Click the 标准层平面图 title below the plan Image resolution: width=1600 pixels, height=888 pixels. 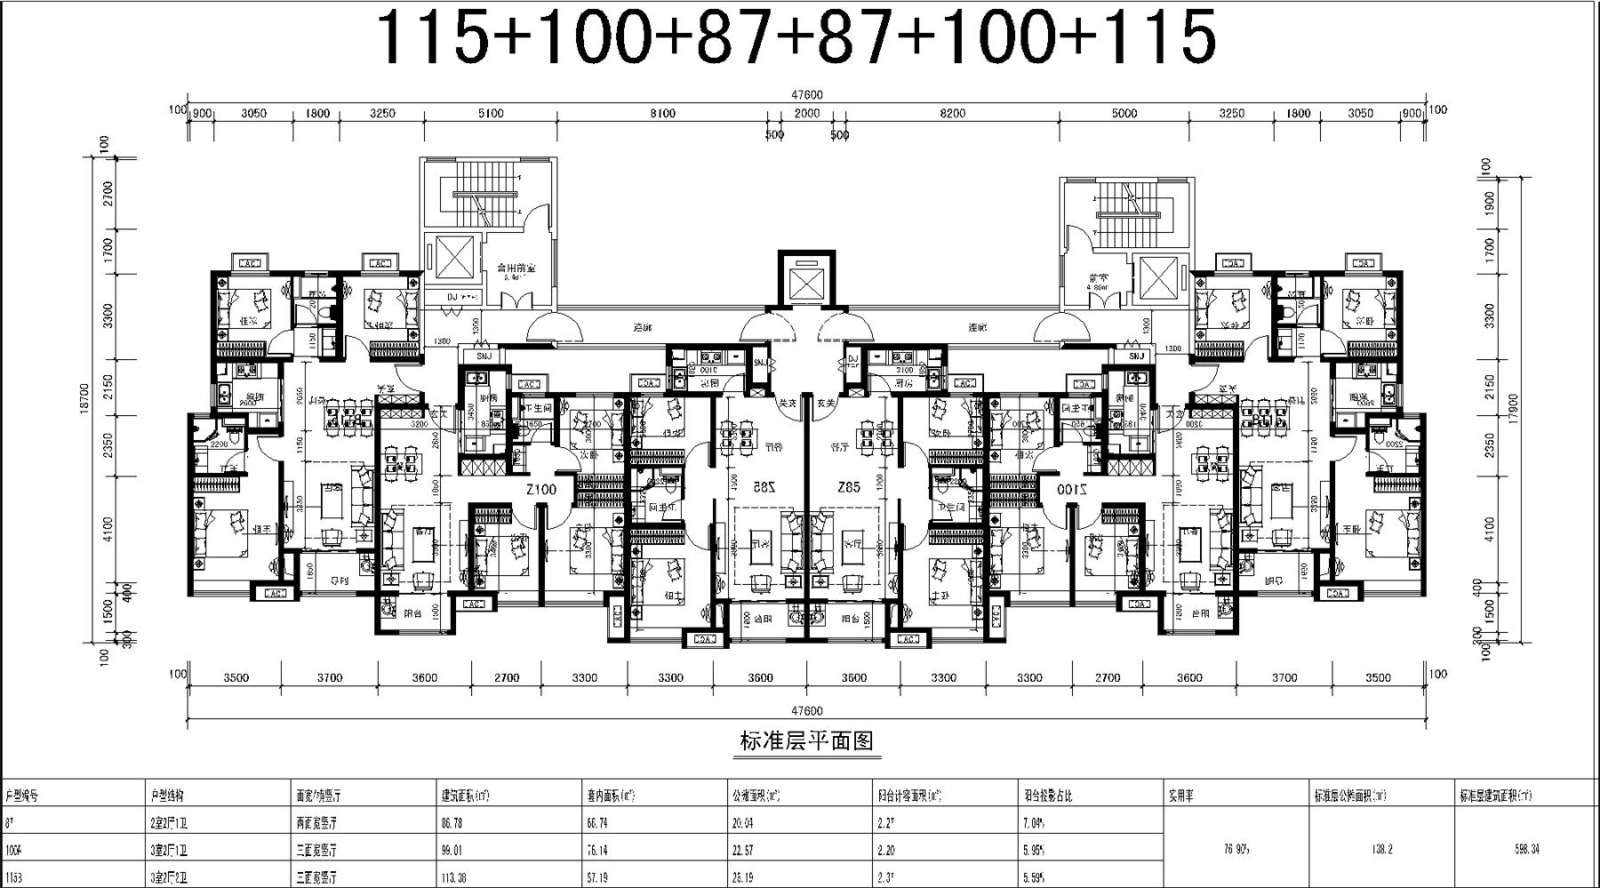click(807, 740)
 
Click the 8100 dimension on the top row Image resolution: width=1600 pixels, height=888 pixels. click(662, 113)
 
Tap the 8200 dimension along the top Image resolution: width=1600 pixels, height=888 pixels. click(952, 113)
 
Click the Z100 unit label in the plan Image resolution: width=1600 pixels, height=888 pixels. click(540, 490)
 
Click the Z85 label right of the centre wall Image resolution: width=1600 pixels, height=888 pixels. click(849, 488)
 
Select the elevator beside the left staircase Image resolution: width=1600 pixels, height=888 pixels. click(452, 260)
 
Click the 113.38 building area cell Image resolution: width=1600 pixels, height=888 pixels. click(453, 876)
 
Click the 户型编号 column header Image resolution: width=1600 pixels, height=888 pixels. click(23, 796)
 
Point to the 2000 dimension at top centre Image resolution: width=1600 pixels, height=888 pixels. click(806, 113)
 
